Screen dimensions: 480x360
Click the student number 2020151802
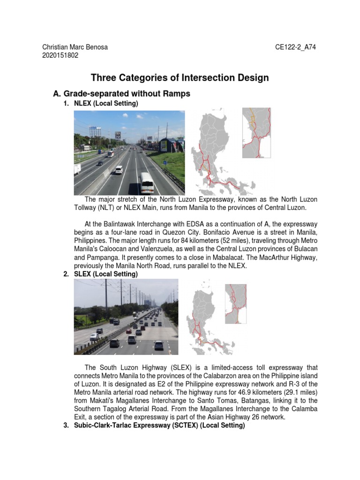point(60,55)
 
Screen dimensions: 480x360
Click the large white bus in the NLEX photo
point(147,182)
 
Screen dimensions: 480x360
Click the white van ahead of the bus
point(119,170)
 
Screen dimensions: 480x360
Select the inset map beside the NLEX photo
point(256,133)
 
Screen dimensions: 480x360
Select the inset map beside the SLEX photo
point(236,304)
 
